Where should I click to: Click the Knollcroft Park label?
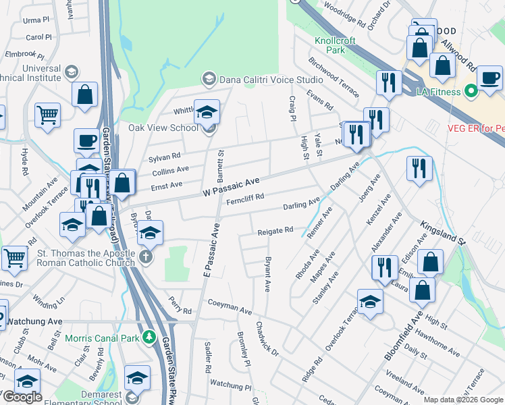pyautogui.click(x=335, y=45)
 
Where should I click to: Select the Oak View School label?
pyautogui.click(x=163, y=128)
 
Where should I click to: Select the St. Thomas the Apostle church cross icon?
pyautogui.click(x=147, y=258)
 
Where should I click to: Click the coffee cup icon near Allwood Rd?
pyautogui.click(x=489, y=77)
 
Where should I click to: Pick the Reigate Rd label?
pyautogui.click(x=275, y=231)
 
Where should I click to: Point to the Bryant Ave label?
pyautogui.click(x=268, y=273)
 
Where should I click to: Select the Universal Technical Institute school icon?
pyautogui.click(x=70, y=72)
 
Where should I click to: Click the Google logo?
pyautogui.click(x=22, y=397)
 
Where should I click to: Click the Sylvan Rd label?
pyautogui.click(x=165, y=157)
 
